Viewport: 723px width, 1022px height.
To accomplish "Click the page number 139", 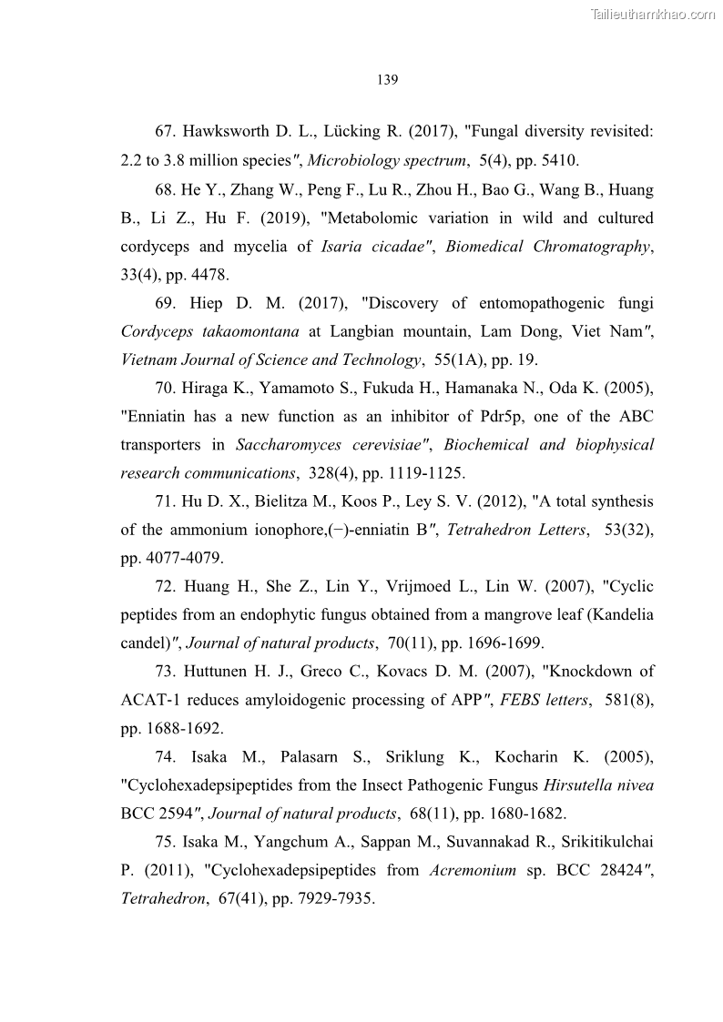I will (x=387, y=80).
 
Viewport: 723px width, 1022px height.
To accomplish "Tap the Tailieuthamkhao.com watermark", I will (x=653, y=14).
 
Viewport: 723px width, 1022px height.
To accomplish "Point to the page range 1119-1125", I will (x=427, y=473).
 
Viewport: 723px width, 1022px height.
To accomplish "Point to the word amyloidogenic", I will (x=307, y=700).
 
